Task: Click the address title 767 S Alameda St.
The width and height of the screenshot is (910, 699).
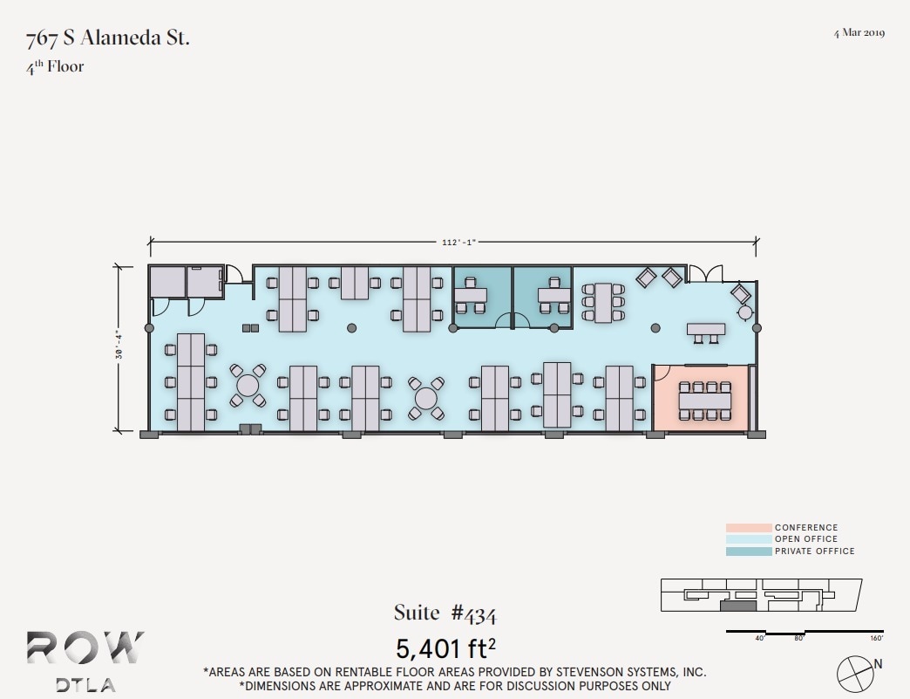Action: point(108,38)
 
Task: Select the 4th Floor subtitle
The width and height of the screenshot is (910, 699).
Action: point(55,66)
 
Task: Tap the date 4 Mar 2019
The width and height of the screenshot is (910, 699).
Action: point(859,33)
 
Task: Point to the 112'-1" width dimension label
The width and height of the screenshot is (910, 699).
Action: point(453,243)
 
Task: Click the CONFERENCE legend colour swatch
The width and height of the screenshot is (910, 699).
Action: point(748,528)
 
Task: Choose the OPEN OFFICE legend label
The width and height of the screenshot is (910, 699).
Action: point(805,539)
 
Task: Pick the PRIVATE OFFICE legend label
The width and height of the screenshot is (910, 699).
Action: point(814,552)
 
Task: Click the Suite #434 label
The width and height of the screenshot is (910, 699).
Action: point(445,613)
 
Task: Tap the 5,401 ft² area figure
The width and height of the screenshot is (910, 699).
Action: point(445,648)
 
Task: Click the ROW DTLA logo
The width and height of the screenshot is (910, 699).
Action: point(85,660)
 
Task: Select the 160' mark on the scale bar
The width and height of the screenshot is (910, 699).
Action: point(875,638)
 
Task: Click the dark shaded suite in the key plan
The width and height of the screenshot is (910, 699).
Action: point(737,605)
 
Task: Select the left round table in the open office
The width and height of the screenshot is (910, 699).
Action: point(248,385)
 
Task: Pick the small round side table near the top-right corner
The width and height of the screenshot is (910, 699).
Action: point(745,312)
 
